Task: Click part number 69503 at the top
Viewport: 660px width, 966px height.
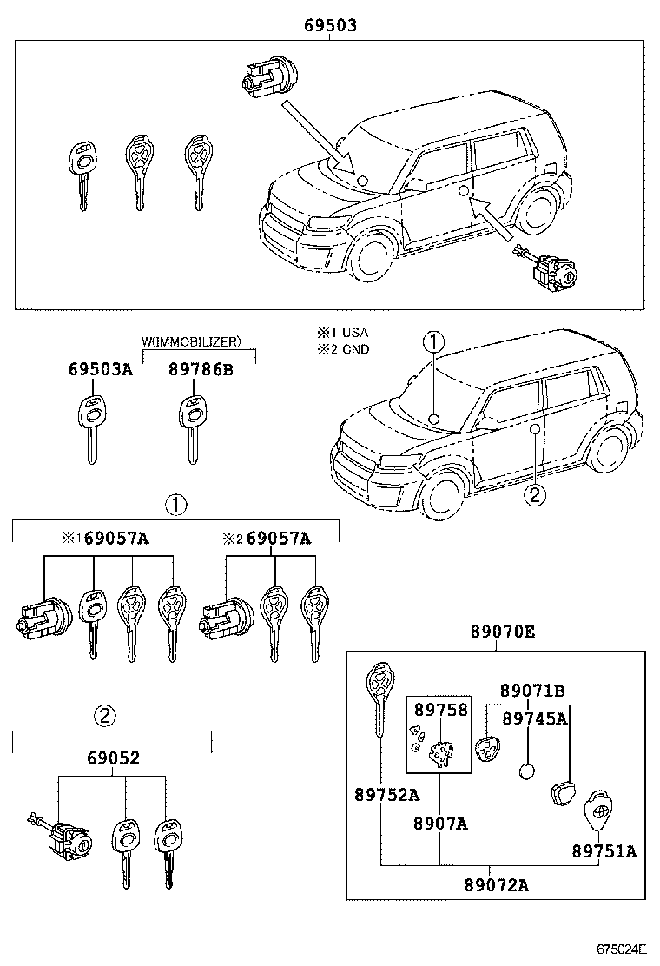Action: coord(330,26)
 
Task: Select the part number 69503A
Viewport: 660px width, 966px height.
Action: coord(100,369)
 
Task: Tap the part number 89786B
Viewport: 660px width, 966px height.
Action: coord(201,369)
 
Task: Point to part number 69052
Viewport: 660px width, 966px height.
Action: coord(113,758)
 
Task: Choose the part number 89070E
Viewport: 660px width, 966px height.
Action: coord(503,632)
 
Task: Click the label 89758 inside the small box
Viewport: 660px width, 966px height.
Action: coord(440,709)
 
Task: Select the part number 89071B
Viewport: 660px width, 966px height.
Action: coord(532,691)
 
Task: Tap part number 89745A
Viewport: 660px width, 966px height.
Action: coord(535,718)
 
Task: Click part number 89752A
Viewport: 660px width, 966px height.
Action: coord(386,794)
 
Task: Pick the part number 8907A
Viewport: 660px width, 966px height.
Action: coord(440,823)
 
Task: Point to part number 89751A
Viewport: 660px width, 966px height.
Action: coord(604,850)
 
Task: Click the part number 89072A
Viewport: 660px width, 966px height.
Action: coord(497,885)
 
